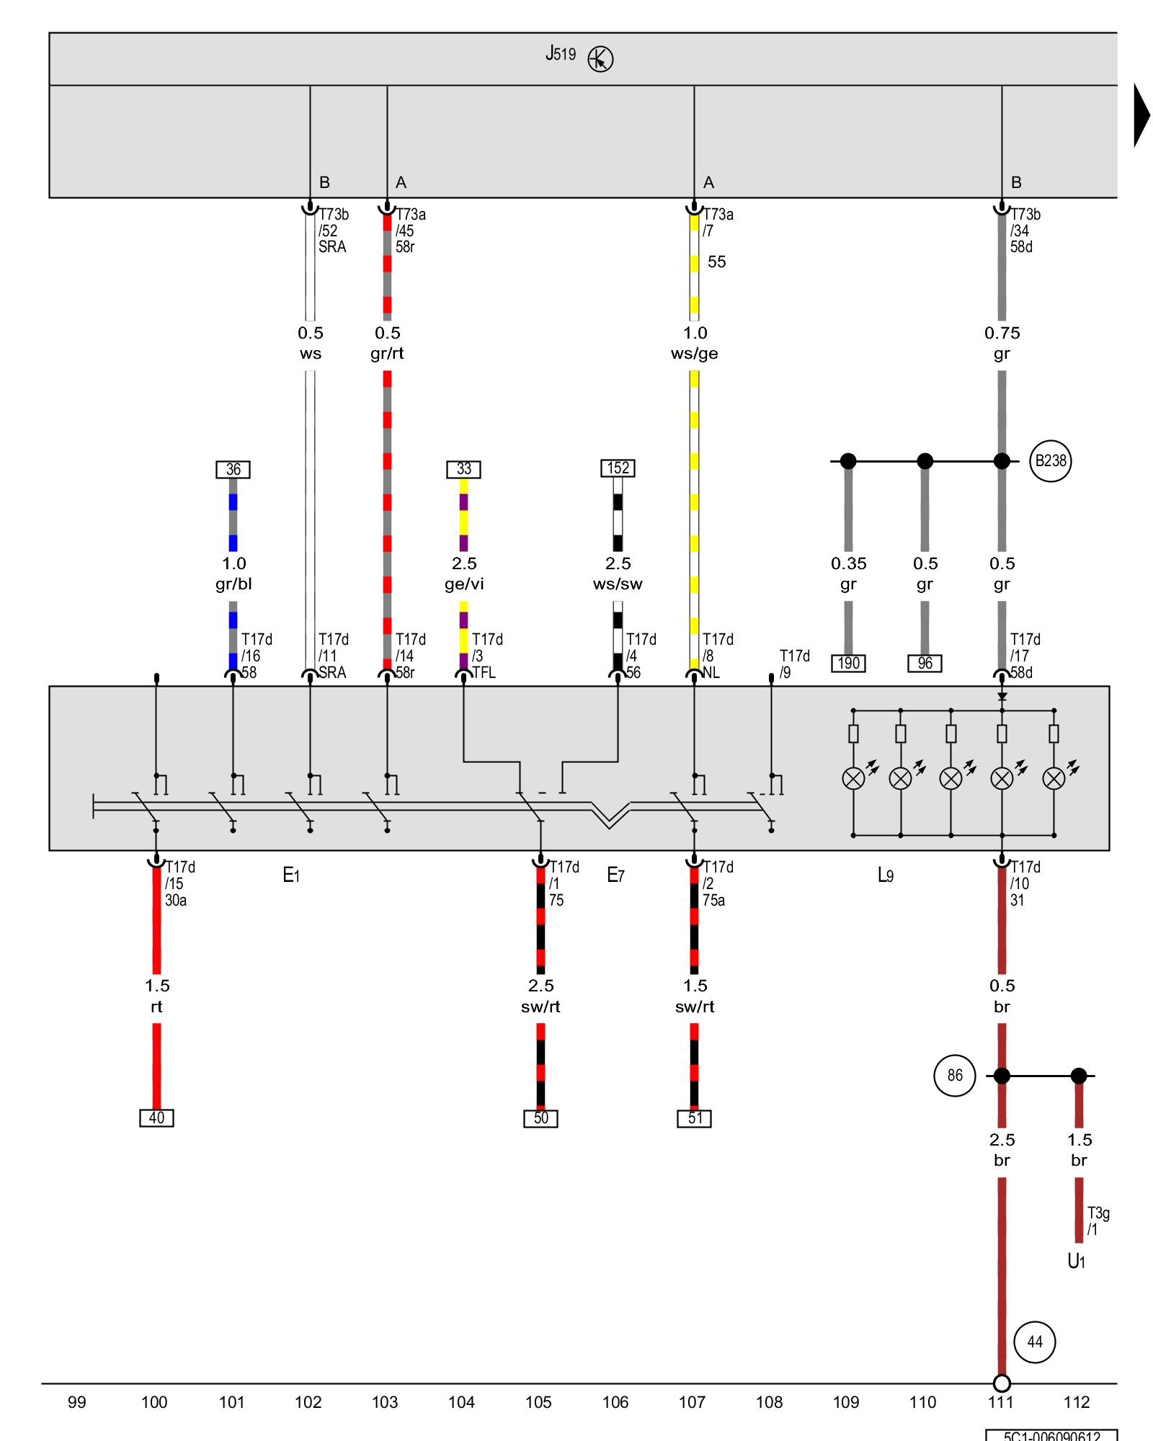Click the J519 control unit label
click(x=561, y=54)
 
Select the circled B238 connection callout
click(x=1050, y=461)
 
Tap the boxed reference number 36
click(x=233, y=470)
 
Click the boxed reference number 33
click(x=463, y=469)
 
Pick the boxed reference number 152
click(x=618, y=468)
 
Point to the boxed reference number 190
click(x=848, y=664)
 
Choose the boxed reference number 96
click(x=925, y=664)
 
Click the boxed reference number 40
click(x=156, y=1118)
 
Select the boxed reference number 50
click(x=540, y=1118)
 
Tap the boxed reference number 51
click(x=694, y=1118)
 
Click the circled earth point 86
click(x=954, y=1076)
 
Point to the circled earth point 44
click(x=1034, y=1342)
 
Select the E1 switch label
click(x=291, y=875)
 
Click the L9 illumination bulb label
click(x=886, y=875)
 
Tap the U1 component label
click(x=1076, y=1261)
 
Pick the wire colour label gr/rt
click(x=387, y=354)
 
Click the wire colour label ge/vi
click(x=464, y=584)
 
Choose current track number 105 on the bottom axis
click(x=538, y=1402)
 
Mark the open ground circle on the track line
click(x=1002, y=1383)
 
